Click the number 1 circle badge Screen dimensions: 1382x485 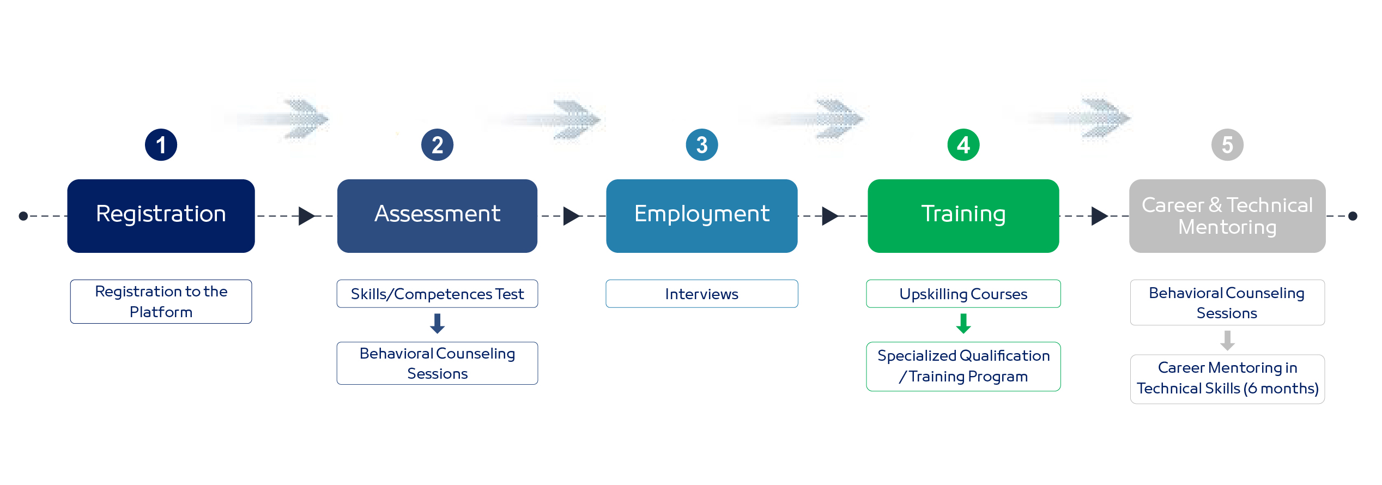click(161, 145)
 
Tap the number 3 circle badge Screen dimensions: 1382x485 click(702, 145)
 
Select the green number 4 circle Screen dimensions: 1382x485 click(963, 145)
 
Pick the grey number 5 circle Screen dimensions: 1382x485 click(1227, 145)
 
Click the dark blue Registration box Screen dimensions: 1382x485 click(161, 216)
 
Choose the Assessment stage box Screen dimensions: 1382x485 click(437, 216)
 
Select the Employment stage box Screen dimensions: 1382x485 click(702, 216)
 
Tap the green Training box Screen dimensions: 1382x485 click(963, 216)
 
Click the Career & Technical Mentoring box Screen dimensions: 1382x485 click(1227, 216)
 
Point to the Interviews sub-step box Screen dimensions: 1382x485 click(702, 294)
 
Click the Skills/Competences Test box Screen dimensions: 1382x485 click(437, 294)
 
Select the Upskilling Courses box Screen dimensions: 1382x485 click(963, 294)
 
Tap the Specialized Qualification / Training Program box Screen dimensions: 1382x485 click(963, 366)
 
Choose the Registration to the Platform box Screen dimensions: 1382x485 click(161, 301)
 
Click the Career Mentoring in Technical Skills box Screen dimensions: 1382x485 click(1227, 379)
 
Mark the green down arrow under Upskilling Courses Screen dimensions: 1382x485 click(963, 324)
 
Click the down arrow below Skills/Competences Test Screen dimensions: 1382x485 click(437, 324)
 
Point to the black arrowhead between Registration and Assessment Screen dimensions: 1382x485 click(307, 216)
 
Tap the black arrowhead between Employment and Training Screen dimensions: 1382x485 click(830, 216)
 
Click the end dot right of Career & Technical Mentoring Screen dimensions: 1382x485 click(1353, 216)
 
